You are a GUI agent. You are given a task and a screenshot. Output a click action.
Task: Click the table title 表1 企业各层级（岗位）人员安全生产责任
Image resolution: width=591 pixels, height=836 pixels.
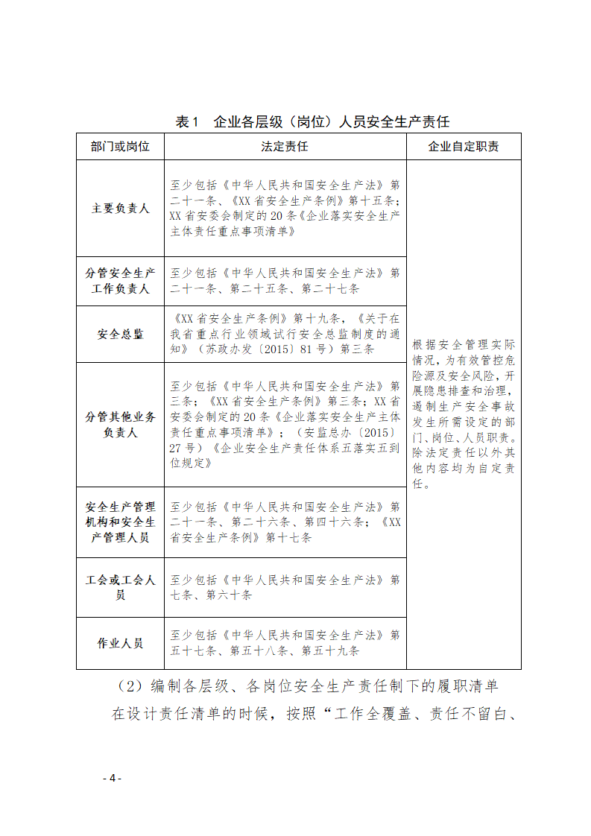click(312, 121)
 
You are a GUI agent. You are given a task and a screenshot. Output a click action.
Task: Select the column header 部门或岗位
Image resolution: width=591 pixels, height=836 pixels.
click(120, 147)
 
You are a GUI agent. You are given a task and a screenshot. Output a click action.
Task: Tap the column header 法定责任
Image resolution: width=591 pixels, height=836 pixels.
click(285, 147)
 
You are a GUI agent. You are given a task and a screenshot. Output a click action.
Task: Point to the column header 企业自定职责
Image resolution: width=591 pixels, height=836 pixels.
click(463, 147)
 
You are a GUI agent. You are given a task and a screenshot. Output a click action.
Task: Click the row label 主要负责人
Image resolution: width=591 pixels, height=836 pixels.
click(120, 209)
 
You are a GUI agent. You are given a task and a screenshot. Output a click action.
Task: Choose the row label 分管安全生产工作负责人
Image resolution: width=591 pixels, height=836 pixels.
click(120, 281)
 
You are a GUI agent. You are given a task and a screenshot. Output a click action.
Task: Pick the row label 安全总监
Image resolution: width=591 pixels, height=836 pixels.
click(120, 335)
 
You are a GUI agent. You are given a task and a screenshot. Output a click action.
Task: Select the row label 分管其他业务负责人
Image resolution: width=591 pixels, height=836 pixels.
click(120, 425)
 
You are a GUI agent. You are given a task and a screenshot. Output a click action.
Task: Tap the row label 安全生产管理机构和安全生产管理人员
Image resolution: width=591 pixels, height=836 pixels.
click(120, 522)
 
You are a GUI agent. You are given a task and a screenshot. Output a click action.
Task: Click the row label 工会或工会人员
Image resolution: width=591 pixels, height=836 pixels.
click(120, 587)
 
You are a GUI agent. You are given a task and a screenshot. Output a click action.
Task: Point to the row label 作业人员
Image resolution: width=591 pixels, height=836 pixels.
click(120, 643)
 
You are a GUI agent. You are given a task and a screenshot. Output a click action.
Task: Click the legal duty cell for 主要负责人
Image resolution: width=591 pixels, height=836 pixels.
click(285, 208)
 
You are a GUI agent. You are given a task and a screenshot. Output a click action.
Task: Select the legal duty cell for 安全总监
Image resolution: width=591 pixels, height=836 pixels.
click(285, 333)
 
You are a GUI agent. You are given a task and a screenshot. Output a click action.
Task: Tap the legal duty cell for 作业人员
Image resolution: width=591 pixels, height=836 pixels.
click(285, 643)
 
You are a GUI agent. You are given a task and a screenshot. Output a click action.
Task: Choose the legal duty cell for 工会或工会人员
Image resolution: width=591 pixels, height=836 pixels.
click(285, 587)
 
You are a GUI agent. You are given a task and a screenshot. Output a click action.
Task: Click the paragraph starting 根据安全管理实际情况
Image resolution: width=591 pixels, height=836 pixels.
click(463, 414)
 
